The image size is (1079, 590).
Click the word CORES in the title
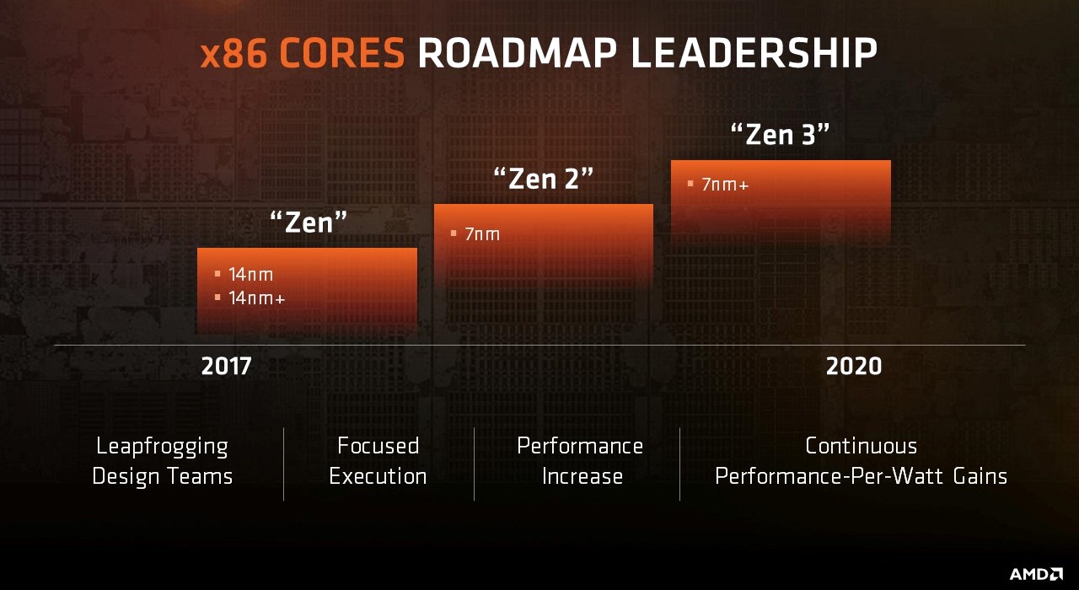coord(343,54)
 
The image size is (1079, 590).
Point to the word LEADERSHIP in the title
coord(754,54)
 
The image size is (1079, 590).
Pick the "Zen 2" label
coord(544,179)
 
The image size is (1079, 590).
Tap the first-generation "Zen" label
coord(309,223)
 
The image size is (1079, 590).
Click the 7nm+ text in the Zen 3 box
coord(725,185)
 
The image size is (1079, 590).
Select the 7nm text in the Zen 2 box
coord(482,234)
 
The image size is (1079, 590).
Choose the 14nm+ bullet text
coord(256,298)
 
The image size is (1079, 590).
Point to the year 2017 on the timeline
coord(226,367)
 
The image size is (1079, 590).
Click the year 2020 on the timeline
coord(853,367)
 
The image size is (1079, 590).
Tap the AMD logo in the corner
coord(1036,574)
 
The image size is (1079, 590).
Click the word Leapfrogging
coord(162,447)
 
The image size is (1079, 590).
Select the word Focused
coord(378,445)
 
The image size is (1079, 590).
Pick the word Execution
coord(378,476)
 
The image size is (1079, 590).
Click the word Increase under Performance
coord(582,476)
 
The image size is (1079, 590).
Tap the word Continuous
coord(861,445)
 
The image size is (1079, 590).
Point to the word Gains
coord(980,476)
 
